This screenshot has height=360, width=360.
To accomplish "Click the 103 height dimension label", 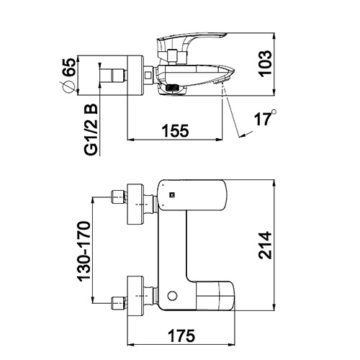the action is [x=266, y=63].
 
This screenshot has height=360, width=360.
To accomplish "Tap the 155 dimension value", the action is [x=176, y=131].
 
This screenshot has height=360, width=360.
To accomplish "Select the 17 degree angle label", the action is [x=263, y=119].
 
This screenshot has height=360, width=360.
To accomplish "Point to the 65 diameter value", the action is [x=69, y=67].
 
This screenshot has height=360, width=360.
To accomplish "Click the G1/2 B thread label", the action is [x=91, y=130].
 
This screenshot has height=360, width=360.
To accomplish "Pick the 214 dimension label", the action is [x=265, y=246].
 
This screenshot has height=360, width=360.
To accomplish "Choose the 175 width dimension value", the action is [x=181, y=336].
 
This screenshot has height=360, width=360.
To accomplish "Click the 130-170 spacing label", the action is [x=84, y=251].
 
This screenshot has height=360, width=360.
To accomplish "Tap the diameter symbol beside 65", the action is [x=68, y=87].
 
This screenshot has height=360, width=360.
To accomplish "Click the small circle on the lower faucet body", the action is [x=172, y=296].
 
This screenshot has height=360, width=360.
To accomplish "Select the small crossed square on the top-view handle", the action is [x=172, y=195].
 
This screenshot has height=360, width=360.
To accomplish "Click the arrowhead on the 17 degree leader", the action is [x=243, y=135].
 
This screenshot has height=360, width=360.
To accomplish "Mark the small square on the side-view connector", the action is [x=148, y=76].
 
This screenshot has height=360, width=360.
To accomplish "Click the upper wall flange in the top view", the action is [x=135, y=204].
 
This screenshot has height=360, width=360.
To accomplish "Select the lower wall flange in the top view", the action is [x=135, y=296].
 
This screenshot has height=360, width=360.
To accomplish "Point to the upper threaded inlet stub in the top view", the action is [x=119, y=197].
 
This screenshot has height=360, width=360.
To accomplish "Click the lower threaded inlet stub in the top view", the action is [x=119, y=303].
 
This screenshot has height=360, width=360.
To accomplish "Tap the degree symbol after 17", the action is [x=274, y=112].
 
